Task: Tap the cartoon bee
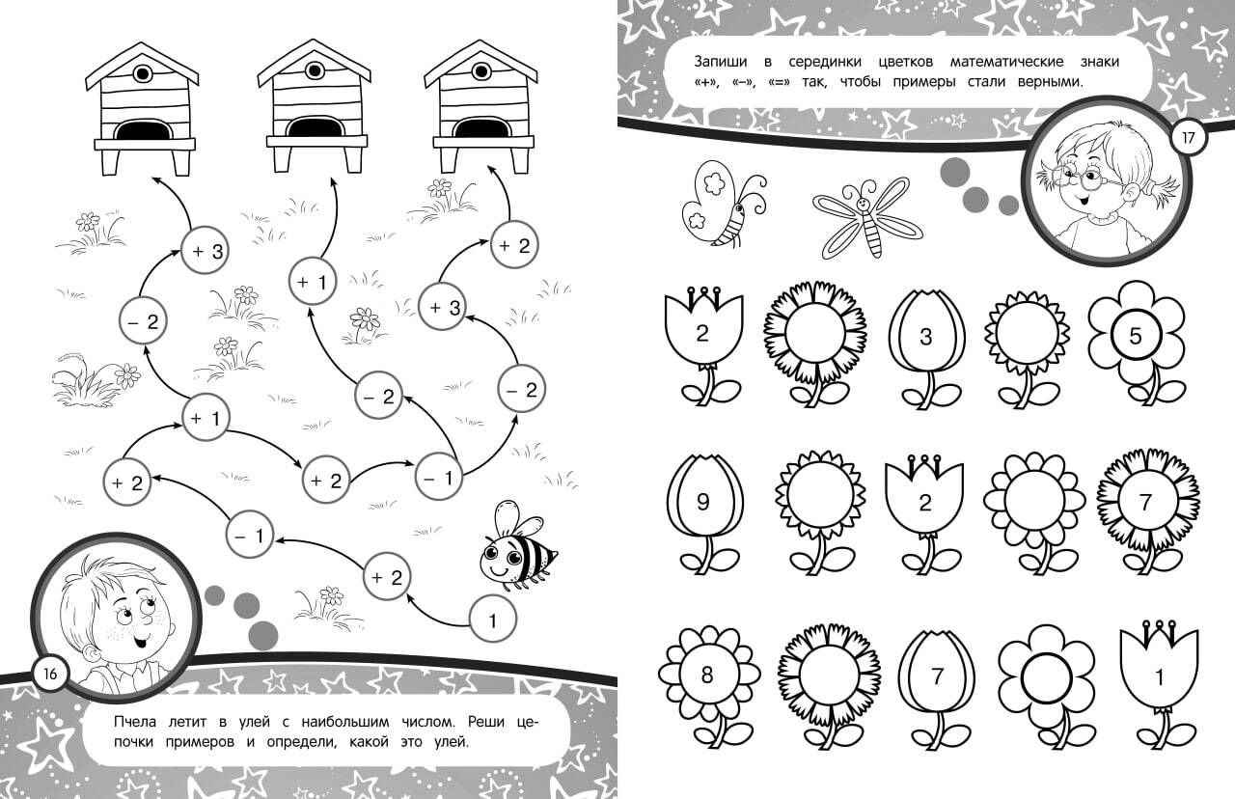(x=516, y=545)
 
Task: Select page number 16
(x=49, y=674)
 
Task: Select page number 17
(x=1188, y=137)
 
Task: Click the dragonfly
(x=866, y=218)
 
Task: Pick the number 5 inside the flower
(x=1136, y=336)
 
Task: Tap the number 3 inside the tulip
(x=925, y=337)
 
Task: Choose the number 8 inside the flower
(x=707, y=675)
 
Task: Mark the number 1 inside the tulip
(x=1159, y=676)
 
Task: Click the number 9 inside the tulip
(x=703, y=502)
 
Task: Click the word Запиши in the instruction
(x=721, y=61)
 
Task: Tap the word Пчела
(x=134, y=721)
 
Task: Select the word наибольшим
(x=345, y=721)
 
